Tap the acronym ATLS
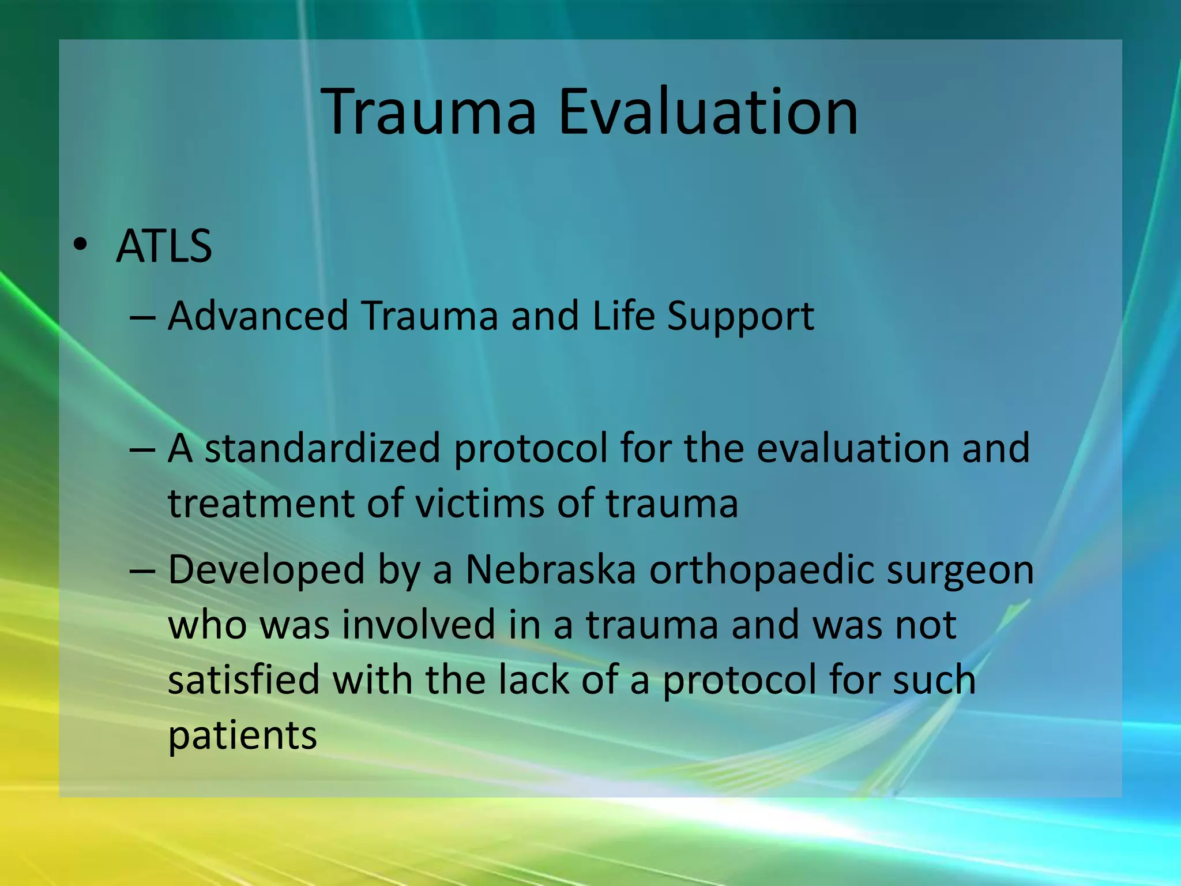point(164,247)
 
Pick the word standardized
point(322,449)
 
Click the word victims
point(480,504)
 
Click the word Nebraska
point(550,570)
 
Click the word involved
point(419,625)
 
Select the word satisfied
point(243,679)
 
